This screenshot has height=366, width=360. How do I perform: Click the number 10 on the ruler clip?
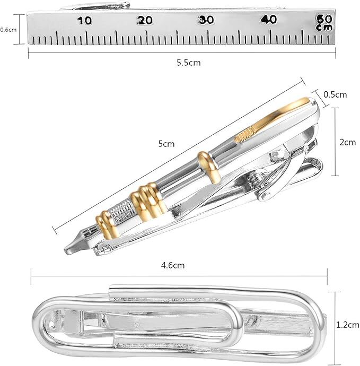click(x=84, y=21)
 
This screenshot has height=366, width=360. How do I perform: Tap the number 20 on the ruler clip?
click(x=145, y=20)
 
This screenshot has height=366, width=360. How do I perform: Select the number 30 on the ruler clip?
click(x=206, y=20)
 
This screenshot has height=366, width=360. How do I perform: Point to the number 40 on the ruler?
click(x=269, y=19)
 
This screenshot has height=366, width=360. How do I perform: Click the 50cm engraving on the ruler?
click(x=324, y=22)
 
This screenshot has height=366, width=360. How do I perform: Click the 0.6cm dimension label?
click(x=8, y=30)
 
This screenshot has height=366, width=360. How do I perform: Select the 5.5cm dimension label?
click(x=189, y=63)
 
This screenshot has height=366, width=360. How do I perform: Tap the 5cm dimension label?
click(x=166, y=144)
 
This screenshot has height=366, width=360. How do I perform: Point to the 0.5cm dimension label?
click(x=335, y=94)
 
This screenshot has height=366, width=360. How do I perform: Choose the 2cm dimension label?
click(x=348, y=142)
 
